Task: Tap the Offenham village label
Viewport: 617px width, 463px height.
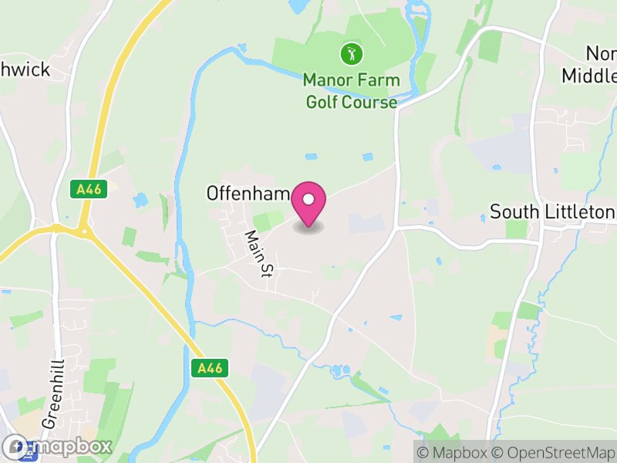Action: coord(247,193)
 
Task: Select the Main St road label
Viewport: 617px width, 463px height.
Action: coord(261,253)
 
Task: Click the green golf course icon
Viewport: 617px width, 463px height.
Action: coord(352,54)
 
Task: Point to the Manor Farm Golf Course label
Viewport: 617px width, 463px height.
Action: coord(351,90)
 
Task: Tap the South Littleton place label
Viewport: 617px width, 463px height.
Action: coord(552,211)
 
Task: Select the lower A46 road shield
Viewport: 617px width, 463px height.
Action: coord(209,369)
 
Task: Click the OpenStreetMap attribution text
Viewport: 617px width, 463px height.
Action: coord(554,453)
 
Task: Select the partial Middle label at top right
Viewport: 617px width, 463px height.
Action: coord(590,76)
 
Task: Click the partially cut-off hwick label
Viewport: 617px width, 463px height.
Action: coord(25,70)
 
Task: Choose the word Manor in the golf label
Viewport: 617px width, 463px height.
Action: coord(325,79)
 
